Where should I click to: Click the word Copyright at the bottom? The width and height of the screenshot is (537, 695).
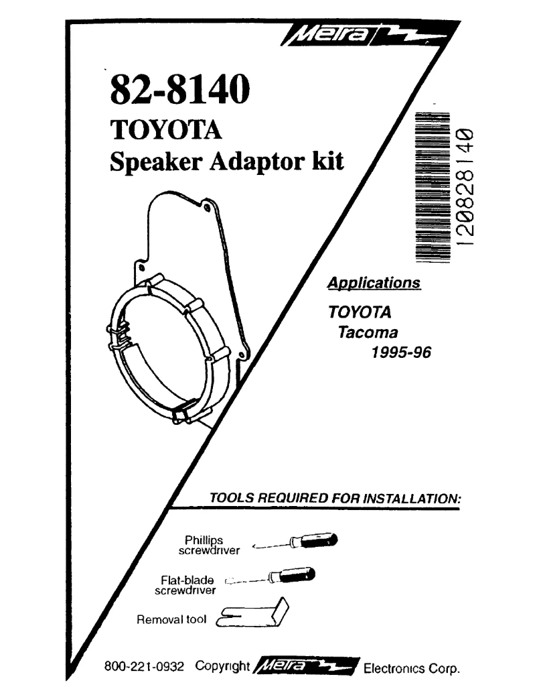(x=222, y=668)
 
